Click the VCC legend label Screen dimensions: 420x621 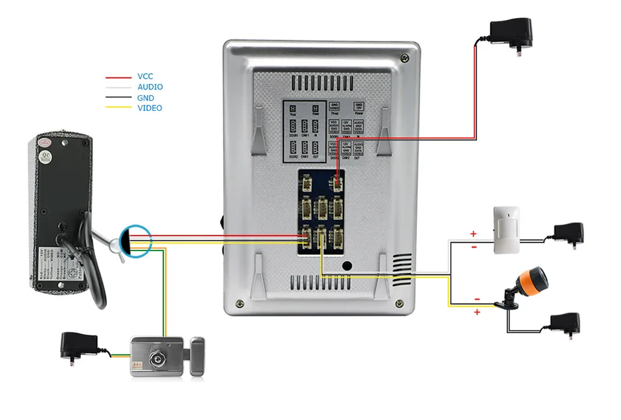click(145, 76)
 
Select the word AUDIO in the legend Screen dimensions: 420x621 click(150, 87)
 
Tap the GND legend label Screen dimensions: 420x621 click(146, 98)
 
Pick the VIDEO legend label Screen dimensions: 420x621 click(149, 108)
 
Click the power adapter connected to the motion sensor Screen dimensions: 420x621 click(569, 232)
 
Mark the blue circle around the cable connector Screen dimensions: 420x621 click(135, 241)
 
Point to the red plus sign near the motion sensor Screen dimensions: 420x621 click(473, 234)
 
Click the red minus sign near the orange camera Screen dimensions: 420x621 click(476, 298)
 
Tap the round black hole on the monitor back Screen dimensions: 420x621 click(347, 265)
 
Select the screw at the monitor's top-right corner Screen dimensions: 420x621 click(404, 57)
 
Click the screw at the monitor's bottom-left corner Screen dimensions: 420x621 click(240, 302)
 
